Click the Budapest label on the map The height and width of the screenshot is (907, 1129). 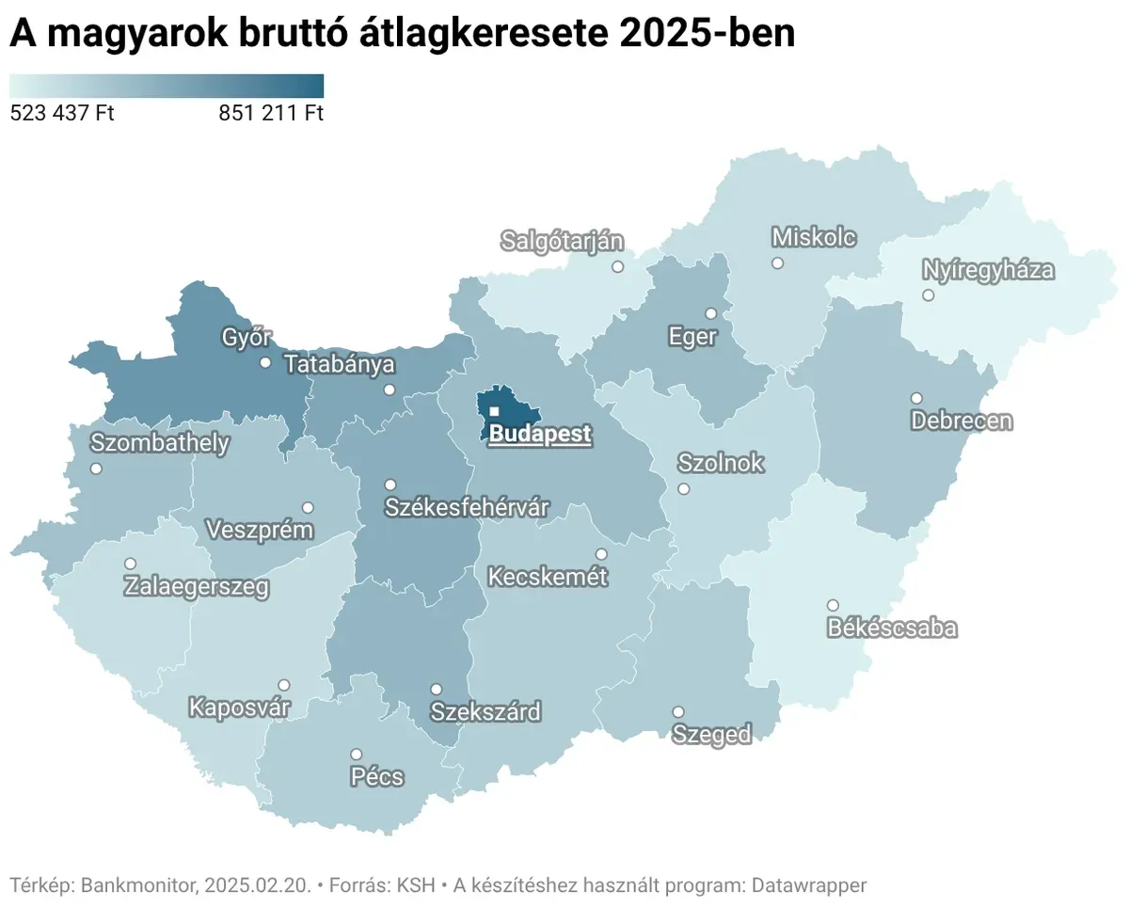pos(540,435)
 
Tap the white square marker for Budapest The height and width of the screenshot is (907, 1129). pos(494,411)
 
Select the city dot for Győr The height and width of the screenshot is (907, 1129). pos(265,362)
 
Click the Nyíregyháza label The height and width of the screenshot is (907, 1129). pos(988,271)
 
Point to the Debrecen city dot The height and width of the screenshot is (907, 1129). pos(916,398)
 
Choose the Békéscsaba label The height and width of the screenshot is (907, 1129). pos(892,629)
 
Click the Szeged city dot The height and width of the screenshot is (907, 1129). pos(677,712)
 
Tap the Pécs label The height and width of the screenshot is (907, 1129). pos(376,777)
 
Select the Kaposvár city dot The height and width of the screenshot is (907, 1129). pos(284,685)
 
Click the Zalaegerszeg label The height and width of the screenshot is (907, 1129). pos(197,588)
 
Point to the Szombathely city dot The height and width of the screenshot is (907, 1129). pos(96,469)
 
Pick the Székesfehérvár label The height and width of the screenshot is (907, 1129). pos(467,508)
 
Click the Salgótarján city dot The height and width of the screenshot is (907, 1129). pos(617,266)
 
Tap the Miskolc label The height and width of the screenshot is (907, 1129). pos(814,237)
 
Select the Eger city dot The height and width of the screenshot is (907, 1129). pos(711,313)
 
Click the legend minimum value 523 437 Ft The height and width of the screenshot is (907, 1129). pos(62,114)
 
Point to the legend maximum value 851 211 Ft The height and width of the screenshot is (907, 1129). pos(271,114)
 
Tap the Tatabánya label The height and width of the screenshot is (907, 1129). pos(340,364)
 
